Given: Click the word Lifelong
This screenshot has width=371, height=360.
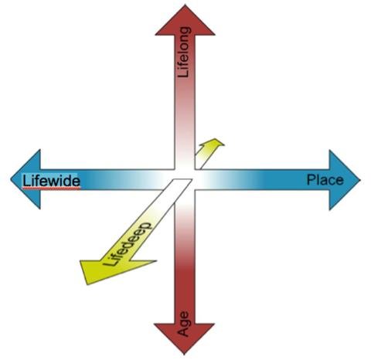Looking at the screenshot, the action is pyautogui.click(x=185, y=52).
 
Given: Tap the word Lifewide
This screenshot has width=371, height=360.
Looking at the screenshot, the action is pyautogui.click(x=51, y=181).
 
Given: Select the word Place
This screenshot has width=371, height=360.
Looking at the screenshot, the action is pyautogui.click(x=325, y=179).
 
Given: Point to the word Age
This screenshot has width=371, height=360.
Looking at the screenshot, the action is pyautogui.click(x=185, y=324).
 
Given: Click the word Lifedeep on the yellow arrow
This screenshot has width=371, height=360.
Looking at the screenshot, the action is pyautogui.click(x=128, y=244).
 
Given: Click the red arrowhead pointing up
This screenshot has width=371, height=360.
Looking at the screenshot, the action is pyautogui.click(x=185, y=20).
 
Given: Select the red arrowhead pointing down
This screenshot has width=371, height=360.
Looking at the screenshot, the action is pyautogui.click(x=185, y=338).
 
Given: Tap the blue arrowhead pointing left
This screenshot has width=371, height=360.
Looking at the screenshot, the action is pyautogui.click(x=26, y=179).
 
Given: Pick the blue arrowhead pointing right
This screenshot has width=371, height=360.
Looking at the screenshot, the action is pyautogui.click(x=345, y=180).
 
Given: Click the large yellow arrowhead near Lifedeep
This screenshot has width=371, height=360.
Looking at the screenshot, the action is pyautogui.click(x=108, y=270).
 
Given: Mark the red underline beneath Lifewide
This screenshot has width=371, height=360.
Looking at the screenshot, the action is pyautogui.click(x=51, y=188).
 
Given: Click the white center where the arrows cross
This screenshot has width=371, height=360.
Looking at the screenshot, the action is pyautogui.click(x=185, y=179).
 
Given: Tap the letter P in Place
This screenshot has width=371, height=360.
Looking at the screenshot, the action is pyautogui.click(x=311, y=179).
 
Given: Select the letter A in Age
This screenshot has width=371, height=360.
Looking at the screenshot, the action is pyautogui.click(x=185, y=332).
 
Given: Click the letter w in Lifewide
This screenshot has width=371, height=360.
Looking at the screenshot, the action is pyautogui.click(x=49, y=182).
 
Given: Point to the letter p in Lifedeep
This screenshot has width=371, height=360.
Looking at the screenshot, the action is pyautogui.click(x=146, y=227).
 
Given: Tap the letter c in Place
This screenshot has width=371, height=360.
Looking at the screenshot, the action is pyautogui.click(x=332, y=181).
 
